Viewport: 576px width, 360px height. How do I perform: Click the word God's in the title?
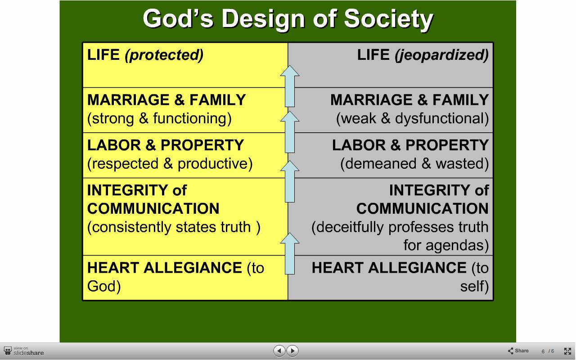178,18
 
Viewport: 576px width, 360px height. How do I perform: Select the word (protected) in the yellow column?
164,55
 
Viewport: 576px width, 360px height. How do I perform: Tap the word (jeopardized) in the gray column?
441,55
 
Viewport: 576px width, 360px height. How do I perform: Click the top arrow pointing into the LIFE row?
290,86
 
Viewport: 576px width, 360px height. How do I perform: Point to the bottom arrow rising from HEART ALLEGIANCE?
290,253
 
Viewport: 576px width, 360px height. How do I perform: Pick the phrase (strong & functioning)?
159,119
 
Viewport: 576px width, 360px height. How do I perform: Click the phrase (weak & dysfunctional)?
413,119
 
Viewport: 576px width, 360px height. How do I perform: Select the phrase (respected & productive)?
170,164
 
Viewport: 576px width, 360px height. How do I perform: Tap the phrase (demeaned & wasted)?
414,164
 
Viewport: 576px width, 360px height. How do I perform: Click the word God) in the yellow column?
104,287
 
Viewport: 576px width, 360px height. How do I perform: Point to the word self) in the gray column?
474,287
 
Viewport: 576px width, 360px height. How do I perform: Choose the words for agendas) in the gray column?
446,245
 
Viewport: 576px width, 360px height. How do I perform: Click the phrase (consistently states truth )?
174,227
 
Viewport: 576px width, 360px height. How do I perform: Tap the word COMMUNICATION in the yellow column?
153,208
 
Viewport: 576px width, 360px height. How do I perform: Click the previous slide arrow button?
279,351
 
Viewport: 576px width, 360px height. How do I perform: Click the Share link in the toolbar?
518,351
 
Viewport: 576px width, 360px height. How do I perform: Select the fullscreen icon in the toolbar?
567,351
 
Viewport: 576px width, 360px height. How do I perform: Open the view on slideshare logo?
24,351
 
